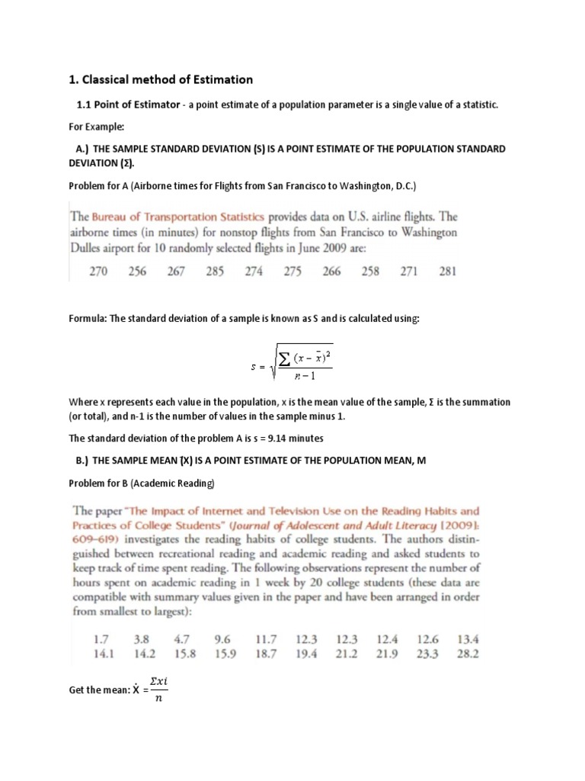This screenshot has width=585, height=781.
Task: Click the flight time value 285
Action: click(x=215, y=272)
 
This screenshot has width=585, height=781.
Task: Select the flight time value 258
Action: click(x=370, y=272)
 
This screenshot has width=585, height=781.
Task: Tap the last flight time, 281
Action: click(x=448, y=272)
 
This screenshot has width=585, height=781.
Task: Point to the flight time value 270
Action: click(x=98, y=272)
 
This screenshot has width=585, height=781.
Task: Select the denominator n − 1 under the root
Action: click(x=302, y=377)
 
